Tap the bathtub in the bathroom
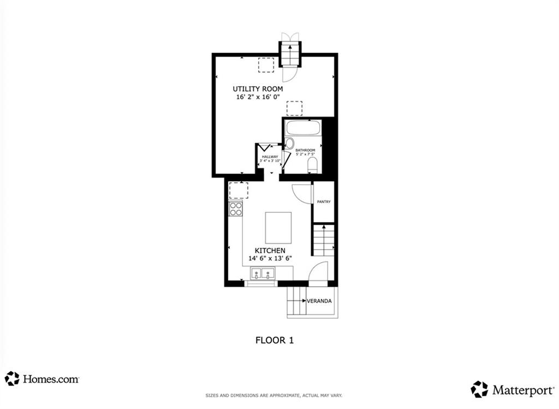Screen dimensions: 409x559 pyautogui.click(x=303, y=128)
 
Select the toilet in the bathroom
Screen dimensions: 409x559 pyautogui.click(x=312, y=165)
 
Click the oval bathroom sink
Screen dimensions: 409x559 pyautogui.click(x=289, y=144)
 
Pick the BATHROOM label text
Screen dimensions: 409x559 pyautogui.click(x=305, y=150)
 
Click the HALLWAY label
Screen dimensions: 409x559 pyautogui.click(x=270, y=157)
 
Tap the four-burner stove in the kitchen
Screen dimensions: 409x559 pyautogui.click(x=236, y=208)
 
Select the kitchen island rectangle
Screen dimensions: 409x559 pyautogui.click(x=278, y=228)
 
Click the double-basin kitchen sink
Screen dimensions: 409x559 pyautogui.click(x=262, y=274)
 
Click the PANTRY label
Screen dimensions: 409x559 pyautogui.click(x=324, y=202)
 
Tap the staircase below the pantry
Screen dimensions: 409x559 pyautogui.click(x=323, y=240)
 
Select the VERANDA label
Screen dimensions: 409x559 pyautogui.click(x=319, y=301)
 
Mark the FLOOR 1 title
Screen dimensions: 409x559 pyautogui.click(x=275, y=340)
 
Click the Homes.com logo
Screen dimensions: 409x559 pyautogui.click(x=42, y=378)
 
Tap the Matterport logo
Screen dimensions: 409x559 pyautogui.click(x=512, y=389)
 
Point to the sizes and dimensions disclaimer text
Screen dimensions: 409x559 pyautogui.click(x=279, y=395)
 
